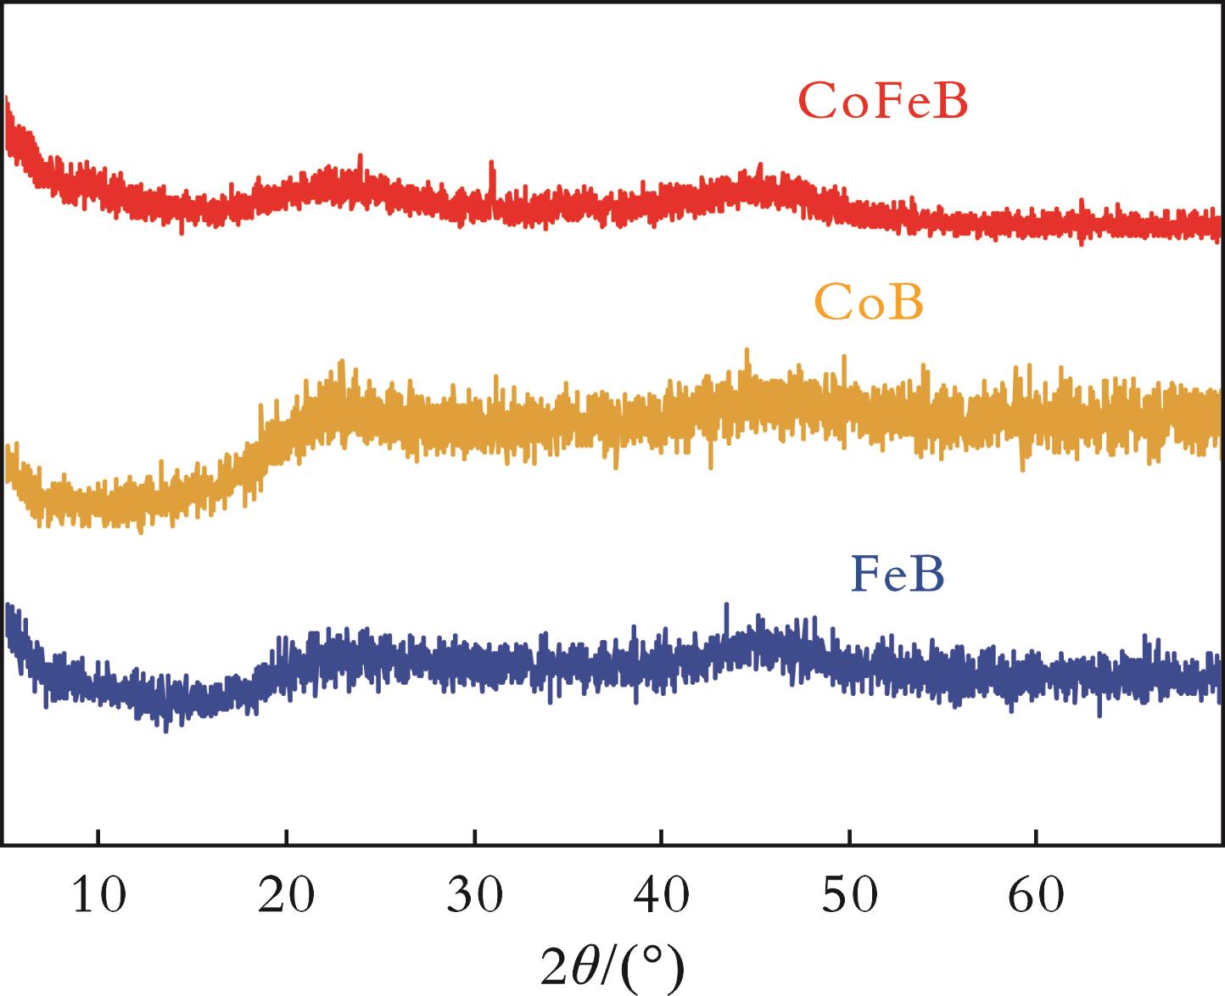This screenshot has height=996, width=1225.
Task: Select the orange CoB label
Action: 868,303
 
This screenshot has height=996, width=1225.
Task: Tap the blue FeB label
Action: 897,574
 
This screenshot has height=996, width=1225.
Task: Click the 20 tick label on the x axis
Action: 287,896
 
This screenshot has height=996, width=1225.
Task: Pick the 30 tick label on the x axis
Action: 475,896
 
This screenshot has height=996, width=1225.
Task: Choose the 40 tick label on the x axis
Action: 662,896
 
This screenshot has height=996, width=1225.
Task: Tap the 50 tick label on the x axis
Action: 849,896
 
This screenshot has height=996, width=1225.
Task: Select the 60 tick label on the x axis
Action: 1036,896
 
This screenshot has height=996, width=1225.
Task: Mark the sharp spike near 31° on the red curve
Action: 490,163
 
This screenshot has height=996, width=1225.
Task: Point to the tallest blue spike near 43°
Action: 726,606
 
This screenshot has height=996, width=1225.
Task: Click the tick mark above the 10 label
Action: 98,837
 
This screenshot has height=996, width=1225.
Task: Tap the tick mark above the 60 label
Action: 1036,837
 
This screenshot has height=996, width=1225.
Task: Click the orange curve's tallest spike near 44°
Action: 747,351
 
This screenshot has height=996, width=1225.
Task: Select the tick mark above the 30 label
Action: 475,837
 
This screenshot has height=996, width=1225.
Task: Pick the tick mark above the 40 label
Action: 662,837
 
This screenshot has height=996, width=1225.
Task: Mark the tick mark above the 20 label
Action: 287,837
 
